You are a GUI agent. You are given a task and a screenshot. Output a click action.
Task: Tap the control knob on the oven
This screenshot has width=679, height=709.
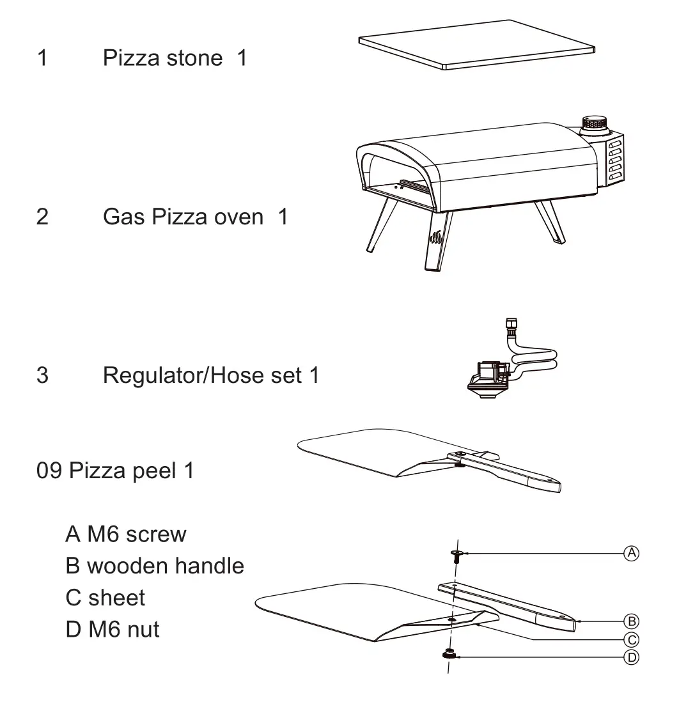coord(595,123)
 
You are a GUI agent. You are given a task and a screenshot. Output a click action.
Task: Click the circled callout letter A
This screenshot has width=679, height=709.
coord(631,553)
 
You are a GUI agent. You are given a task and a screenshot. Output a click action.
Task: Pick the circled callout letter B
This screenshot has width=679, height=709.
coord(631,620)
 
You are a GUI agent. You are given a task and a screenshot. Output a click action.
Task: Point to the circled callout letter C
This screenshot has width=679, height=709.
coord(631,639)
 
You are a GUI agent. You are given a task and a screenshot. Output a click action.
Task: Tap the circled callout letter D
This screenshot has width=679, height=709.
coord(631,657)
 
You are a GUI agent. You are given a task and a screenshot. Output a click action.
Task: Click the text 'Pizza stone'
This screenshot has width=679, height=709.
coord(162,58)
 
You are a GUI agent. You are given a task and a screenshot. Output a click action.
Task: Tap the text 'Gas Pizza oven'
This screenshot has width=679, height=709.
coord(183,217)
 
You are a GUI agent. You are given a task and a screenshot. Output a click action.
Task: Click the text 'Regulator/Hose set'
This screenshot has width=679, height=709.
coord(203,375)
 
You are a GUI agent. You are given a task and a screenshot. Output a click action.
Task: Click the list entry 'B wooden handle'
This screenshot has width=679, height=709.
coord(155,566)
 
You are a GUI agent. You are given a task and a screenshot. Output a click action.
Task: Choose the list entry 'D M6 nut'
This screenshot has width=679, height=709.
coord(113,630)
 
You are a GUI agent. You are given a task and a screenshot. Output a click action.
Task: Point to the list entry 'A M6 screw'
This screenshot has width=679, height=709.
coord(126,534)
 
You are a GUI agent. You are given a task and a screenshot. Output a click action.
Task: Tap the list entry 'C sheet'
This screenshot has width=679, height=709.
coord(105,598)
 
